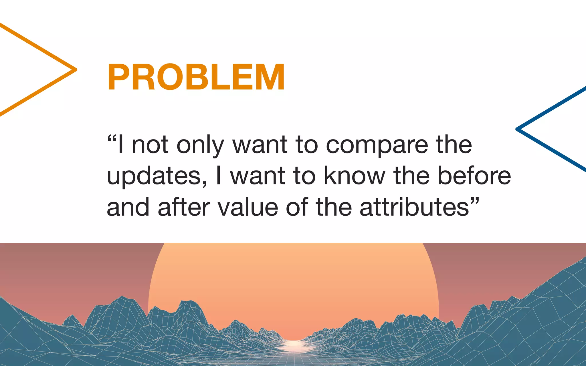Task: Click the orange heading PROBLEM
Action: pyautogui.click(x=196, y=77)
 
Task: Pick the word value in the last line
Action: pyautogui.click(x=248, y=207)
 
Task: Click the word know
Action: pyautogui.click(x=355, y=176)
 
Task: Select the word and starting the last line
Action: pyautogui.click(x=128, y=207)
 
